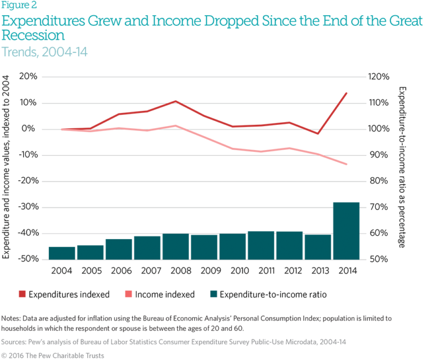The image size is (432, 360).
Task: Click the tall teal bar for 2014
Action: pyautogui.click(x=345, y=231)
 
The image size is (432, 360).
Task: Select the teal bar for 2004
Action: pyautogui.click(x=61, y=253)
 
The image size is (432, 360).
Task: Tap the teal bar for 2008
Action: pyautogui.click(x=175, y=246)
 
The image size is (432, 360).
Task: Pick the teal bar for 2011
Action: pyautogui.click(x=260, y=245)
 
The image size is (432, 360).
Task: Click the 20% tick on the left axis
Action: pyautogui.click(x=28, y=77)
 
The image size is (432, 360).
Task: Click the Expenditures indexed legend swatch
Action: pyautogui.click(x=21, y=294)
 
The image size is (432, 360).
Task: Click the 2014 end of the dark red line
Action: pyautogui.click(x=346, y=93)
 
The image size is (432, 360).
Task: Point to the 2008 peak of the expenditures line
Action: pyautogui.click(x=175, y=101)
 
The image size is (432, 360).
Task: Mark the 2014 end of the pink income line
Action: pyautogui.click(x=346, y=164)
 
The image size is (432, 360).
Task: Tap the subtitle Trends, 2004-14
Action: pyautogui.click(x=45, y=52)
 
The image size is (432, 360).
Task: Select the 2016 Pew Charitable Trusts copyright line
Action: pyautogui.click(x=55, y=354)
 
